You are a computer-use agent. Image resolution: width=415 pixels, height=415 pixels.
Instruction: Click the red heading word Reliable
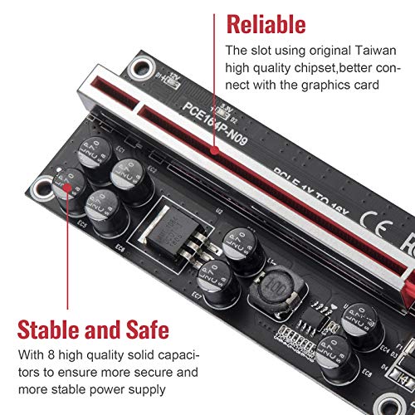pos(266,24)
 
